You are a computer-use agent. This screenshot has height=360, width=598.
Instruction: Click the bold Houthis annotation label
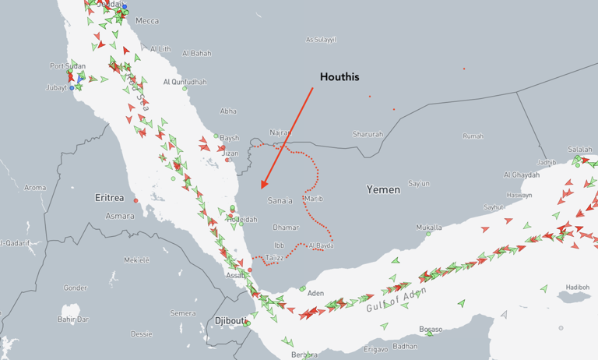339,77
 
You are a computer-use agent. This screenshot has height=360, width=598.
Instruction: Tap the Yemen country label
383,189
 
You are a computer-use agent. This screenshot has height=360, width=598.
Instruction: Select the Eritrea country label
110,198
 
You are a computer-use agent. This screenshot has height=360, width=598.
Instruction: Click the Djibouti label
230,321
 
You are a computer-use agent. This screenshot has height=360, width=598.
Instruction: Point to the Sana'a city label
280,200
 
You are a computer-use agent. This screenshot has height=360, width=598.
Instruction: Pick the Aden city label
315,293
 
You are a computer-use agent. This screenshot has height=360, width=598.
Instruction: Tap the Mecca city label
146,21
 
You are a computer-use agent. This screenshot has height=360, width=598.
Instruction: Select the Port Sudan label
67,66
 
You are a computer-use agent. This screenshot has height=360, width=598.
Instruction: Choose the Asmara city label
119,215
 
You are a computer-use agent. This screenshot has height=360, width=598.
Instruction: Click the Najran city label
280,132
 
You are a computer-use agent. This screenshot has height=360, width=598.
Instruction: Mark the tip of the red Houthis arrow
261,189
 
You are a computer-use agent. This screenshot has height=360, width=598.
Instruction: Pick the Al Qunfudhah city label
185,82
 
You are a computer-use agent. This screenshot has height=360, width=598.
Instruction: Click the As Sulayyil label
321,39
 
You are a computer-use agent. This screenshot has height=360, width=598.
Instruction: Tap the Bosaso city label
431,328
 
